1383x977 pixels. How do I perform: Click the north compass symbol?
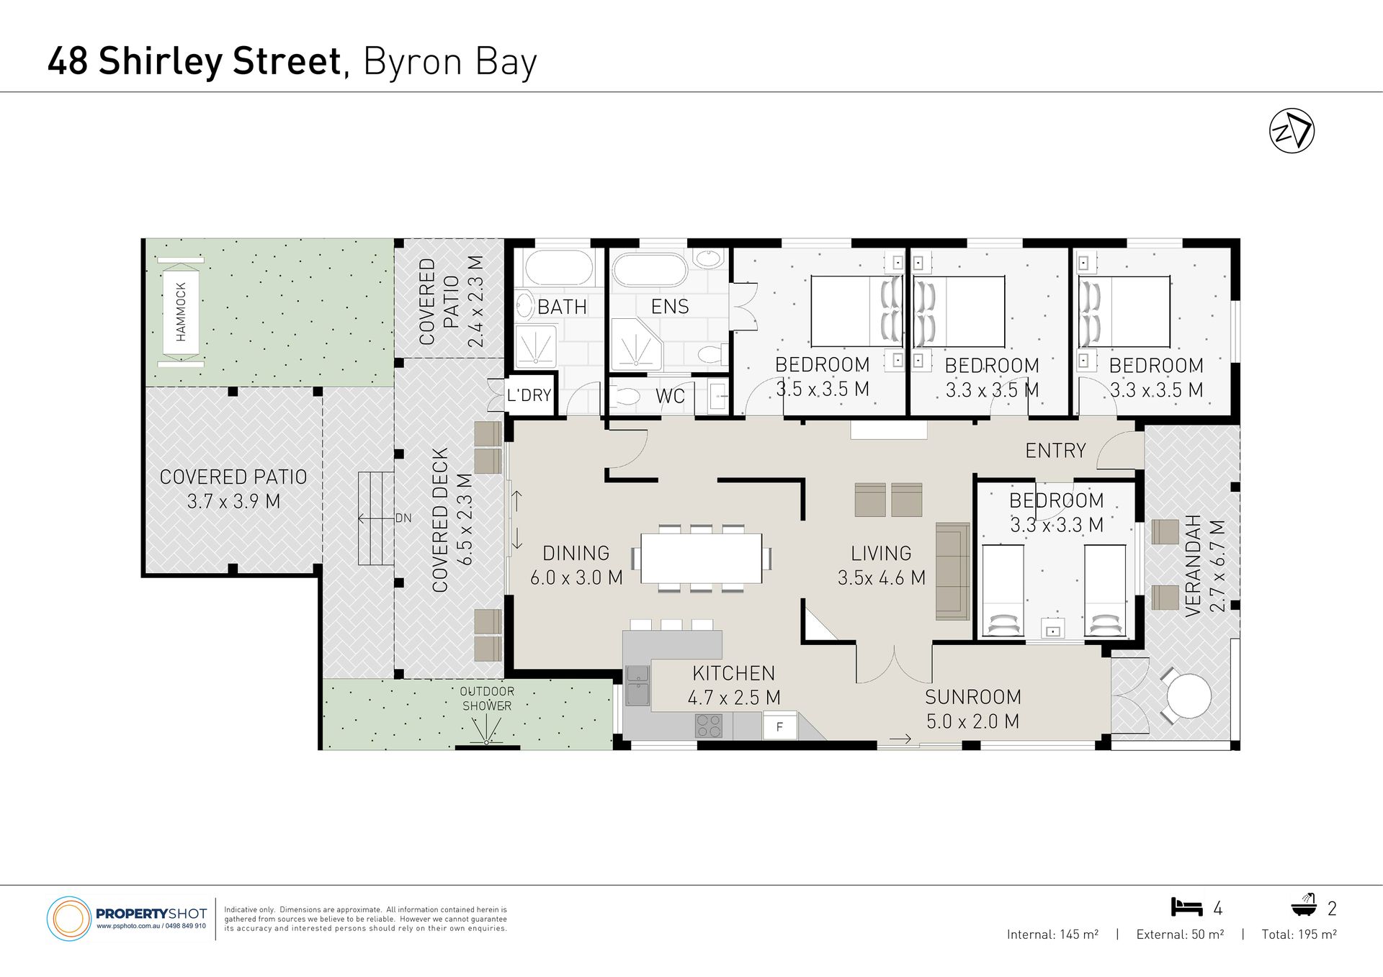tap(1292, 130)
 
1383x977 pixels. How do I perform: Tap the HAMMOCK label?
tap(181, 312)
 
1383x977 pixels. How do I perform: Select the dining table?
tap(701, 558)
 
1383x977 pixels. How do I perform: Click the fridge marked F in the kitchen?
tap(779, 726)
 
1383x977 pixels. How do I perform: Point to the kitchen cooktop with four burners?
tap(708, 726)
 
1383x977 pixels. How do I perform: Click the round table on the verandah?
tap(1189, 695)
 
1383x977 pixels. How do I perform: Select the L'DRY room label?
tap(529, 395)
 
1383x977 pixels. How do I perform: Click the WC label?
tap(670, 396)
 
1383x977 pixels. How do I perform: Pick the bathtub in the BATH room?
tap(559, 268)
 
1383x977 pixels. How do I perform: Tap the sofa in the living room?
tap(952, 572)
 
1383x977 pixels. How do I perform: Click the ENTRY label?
tap(1055, 451)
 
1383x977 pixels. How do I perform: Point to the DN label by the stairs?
tap(403, 518)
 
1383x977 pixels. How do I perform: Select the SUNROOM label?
tap(973, 697)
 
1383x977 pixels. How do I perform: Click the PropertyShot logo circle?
tap(68, 919)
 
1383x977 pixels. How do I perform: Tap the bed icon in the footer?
tap(1186, 907)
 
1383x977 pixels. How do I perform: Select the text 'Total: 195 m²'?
tap(1299, 935)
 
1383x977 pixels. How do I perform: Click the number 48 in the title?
tap(68, 61)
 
